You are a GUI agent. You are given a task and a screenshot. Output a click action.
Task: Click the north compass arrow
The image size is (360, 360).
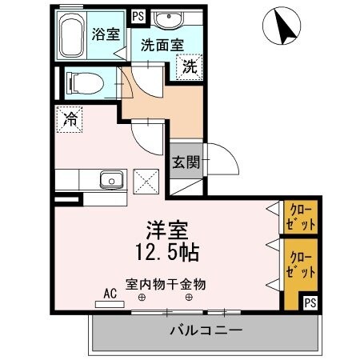281,27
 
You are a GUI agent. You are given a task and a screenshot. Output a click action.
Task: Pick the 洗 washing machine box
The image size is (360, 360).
189,67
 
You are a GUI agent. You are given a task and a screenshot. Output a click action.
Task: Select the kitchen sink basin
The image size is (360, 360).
110,179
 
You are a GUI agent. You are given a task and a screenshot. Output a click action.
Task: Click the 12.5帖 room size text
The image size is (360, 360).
167,252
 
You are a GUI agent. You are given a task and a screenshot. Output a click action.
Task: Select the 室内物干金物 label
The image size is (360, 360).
166,283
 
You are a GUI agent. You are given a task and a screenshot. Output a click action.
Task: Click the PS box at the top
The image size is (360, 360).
137,15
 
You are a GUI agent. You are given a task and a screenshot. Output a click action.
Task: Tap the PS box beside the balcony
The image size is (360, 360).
309,302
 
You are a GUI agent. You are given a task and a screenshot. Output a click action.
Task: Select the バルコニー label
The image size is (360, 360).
205,330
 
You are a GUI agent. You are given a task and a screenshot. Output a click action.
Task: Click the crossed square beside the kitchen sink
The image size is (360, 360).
146,179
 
